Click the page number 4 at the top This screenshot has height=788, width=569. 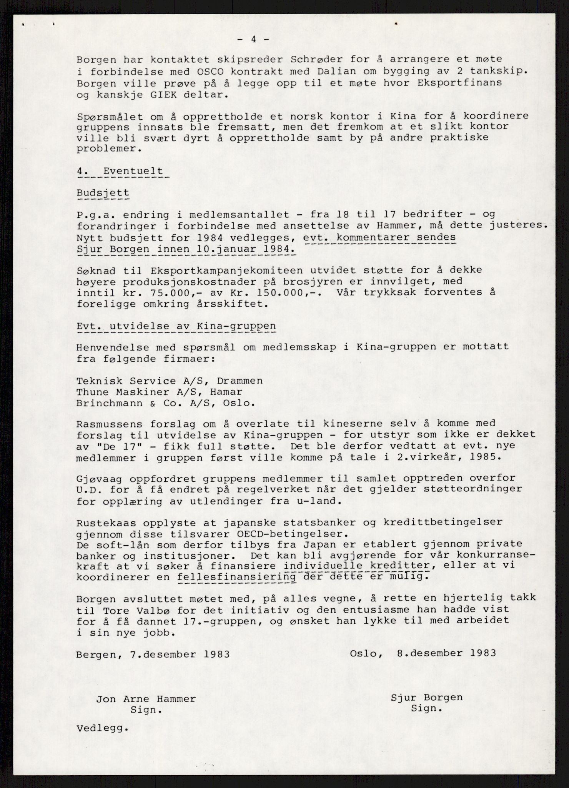[x=253, y=40]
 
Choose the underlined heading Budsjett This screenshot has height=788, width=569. [x=103, y=193]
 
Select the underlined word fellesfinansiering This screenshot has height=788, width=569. [x=237, y=577]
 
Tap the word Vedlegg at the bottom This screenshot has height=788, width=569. [x=101, y=728]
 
